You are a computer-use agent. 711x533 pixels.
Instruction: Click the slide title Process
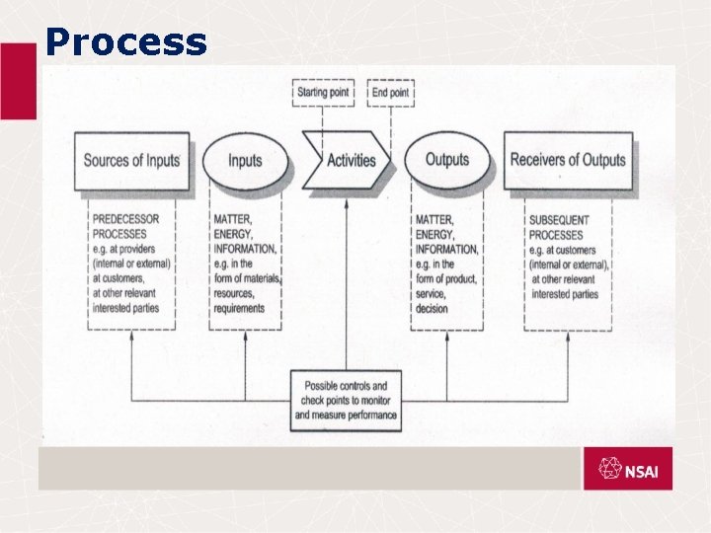(x=126, y=42)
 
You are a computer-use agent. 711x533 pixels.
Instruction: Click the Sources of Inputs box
(x=131, y=160)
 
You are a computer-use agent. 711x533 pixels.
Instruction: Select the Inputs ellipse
(x=245, y=160)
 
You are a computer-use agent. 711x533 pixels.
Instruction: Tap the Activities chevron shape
(x=349, y=160)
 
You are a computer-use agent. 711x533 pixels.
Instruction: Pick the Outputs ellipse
(x=446, y=160)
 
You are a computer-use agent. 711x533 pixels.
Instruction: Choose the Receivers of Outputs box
(x=568, y=160)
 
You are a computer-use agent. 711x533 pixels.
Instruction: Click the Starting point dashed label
(x=323, y=93)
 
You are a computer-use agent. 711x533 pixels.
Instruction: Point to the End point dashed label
(x=390, y=93)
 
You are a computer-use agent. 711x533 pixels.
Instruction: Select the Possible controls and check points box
(x=346, y=400)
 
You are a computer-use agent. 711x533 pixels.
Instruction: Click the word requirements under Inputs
(x=238, y=308)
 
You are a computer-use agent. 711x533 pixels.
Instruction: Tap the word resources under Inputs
(x=235, y=293)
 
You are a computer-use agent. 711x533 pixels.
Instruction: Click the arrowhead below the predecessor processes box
(x=131, y=336)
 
